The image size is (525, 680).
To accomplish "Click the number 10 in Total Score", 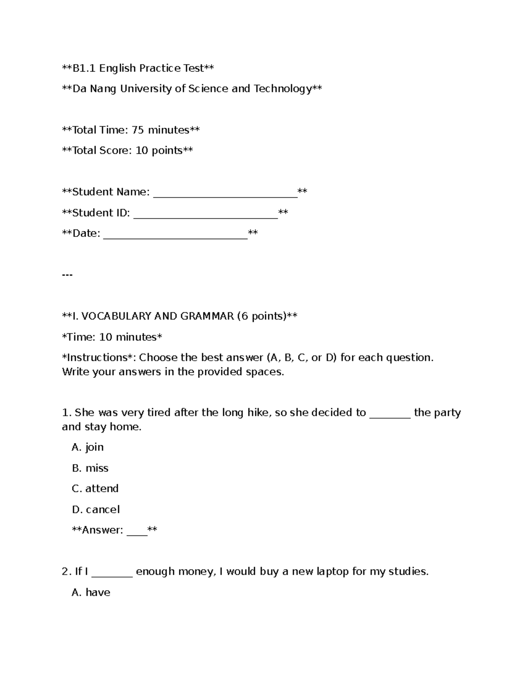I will click(x=142, y=151).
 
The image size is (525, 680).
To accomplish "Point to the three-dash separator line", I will click(x=67, y=275).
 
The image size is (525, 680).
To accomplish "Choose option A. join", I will click(x=87, y=447).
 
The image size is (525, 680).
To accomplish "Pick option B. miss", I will click(x=90, y=468).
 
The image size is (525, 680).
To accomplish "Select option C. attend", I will click(x=95, y=489).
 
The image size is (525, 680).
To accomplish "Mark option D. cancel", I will click(x=95, y=510).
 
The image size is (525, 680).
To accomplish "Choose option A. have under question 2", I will click(x=91, y=593).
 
